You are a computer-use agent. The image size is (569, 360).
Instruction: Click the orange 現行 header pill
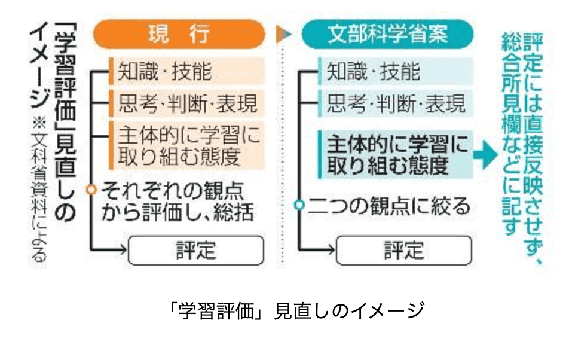tap(178, 35)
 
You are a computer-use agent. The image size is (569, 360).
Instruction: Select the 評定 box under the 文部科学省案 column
tap(404, 250)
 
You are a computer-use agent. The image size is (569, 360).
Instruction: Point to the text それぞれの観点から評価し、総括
tap(179, 202)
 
